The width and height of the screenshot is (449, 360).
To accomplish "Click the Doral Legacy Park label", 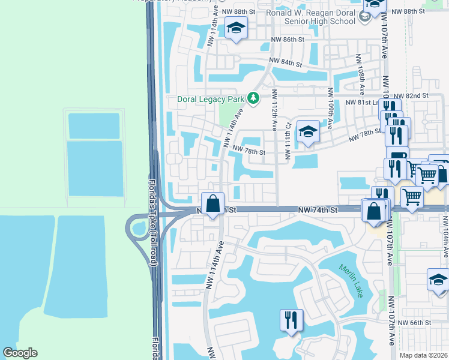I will pos(211,99).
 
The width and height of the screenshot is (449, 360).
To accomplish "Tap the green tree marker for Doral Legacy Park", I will pos(254,98).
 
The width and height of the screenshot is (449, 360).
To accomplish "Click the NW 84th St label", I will pos(285,62).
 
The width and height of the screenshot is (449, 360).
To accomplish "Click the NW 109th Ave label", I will pos(330,108).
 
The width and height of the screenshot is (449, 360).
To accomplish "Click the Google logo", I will pos(20,353).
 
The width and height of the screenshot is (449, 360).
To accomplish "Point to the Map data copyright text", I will pos(424,355).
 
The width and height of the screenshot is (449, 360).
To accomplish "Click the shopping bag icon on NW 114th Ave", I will pos(212,203).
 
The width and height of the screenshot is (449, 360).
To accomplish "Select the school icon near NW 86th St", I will pos(236,28).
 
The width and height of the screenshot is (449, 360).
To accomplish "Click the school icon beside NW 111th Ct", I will pos(308,131).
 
